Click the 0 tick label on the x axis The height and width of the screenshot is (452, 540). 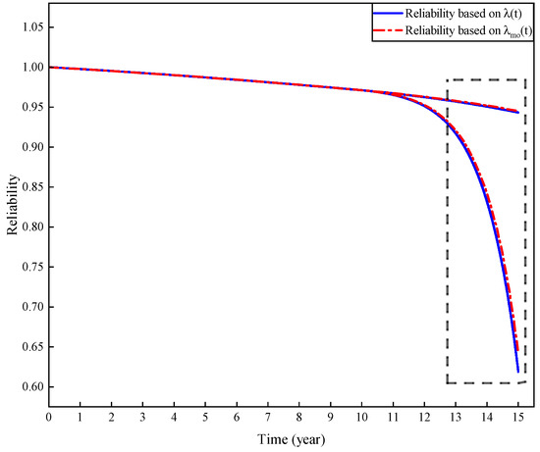pyautogui.click(x=48, y=416)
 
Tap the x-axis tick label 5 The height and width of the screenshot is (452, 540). pyautogui.click(x=205, y=416)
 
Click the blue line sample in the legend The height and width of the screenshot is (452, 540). pyautogui.click(x=385, y=14)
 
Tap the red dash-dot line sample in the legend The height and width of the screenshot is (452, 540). pyautogui.click(x=385, y=32)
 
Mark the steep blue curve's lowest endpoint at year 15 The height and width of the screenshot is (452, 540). pyautogui.click(x=517, y=372)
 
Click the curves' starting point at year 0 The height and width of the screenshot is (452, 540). pyautogui.click(x=48, y=67)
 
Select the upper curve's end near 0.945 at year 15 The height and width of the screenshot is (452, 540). pyautogui.click(x=517, y=112)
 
